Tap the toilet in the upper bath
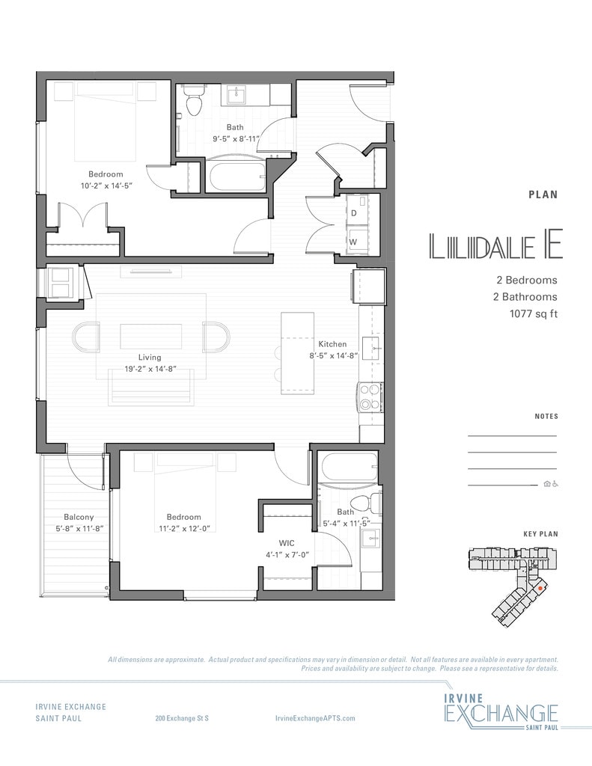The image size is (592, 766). (194, 100)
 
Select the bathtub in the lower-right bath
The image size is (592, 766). (348, 467)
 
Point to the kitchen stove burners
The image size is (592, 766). (370, 396)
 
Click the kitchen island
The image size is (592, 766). (298, 353)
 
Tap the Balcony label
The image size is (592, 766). (79, 517)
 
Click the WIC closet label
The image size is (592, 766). (287, 543)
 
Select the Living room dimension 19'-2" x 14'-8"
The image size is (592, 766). (150, 370)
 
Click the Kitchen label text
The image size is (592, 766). (332, 344)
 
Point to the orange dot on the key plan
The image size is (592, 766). (540, 589)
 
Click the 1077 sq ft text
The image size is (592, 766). (534, 313)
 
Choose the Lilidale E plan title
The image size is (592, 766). (495, 245)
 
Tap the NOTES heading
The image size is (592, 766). (546, 416)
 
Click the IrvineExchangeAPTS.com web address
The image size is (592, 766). (315, 718)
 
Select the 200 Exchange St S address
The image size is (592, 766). (182, 718)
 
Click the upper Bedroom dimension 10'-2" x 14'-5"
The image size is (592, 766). (107, 186)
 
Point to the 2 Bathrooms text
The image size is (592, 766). (525, 296)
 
